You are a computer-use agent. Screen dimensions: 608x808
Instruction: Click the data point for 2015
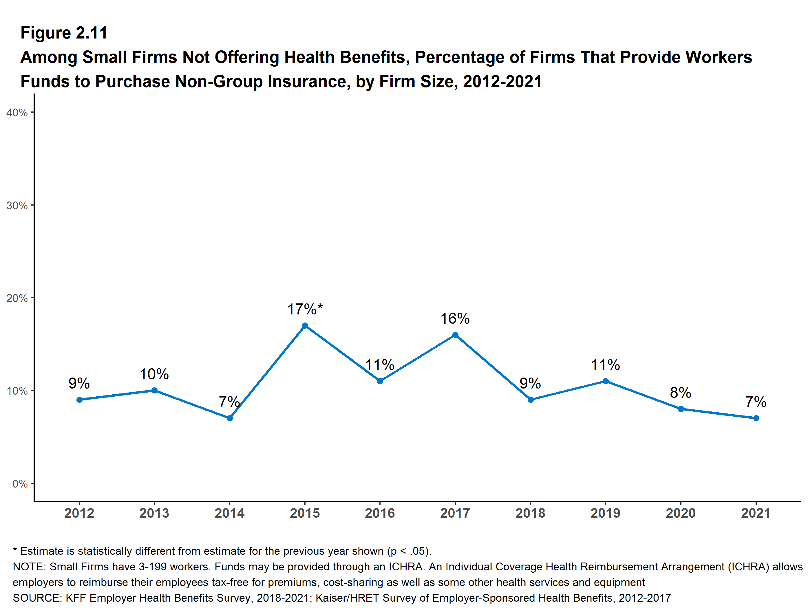coord(305,326)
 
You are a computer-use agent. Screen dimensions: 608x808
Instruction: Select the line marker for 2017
coord(455,335)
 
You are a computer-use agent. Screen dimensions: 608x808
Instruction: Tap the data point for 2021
coord(756,418)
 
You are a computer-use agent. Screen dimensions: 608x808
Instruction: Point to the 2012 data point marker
coord(79,400)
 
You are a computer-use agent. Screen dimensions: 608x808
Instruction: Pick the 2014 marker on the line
coord(230,418)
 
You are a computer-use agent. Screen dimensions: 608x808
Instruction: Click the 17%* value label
coord(305,309)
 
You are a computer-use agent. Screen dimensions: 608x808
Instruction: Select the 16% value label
coord(455,318)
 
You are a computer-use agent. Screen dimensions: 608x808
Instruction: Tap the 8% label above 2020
coord(681,393)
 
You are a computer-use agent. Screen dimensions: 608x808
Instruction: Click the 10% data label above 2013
coord(154,374)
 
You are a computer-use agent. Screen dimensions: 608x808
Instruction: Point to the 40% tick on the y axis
coord(17,112)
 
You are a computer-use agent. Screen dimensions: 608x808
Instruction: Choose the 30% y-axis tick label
coord(17,205)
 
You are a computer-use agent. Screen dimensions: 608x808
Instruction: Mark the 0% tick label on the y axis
coord(20,484)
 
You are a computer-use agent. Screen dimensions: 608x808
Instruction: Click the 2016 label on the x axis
coord(380,513)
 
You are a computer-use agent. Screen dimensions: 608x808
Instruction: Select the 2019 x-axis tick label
coord(605,513)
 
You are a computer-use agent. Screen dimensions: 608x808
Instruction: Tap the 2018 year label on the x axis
coord(530,513)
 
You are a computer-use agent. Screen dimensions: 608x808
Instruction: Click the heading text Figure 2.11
coord(64,33)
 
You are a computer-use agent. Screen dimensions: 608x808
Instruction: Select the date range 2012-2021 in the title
coord(502,81)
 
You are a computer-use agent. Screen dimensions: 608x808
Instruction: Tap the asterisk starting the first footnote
coord(15,550)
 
